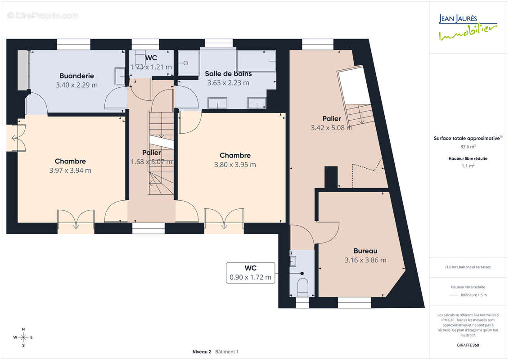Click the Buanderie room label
pos(77,76)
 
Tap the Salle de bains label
pos(228,74)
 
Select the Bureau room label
pos(365,251)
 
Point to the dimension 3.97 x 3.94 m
pos(70,171)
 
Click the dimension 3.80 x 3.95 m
pos(235,165)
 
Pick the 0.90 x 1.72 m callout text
pos(250,277)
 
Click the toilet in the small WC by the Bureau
pos(303,287)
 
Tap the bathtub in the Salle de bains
pos(256,61)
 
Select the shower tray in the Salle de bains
pos(189,63)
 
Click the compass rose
pos(23,337)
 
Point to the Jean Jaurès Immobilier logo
pos(468,27)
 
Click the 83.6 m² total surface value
pos(468,147)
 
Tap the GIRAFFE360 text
pos(468,345)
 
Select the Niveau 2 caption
pos(202,351)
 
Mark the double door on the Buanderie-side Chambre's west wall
pos(16,138)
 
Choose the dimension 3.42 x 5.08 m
pos(331,128)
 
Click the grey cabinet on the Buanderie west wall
pos(23,70)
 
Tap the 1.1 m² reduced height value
pos(468,166)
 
